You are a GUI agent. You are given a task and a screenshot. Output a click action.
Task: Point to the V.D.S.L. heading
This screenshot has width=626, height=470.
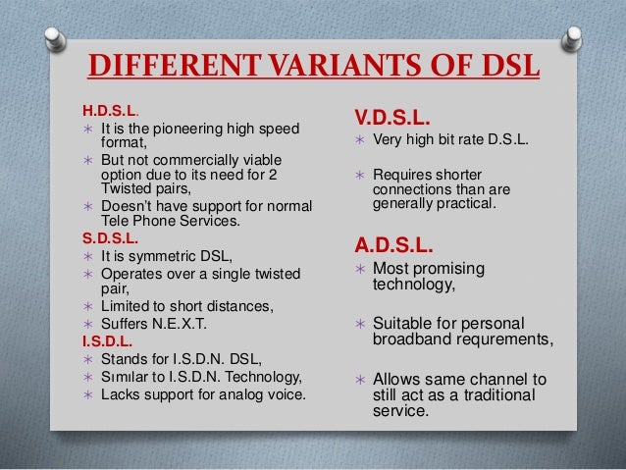coord(391,117)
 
